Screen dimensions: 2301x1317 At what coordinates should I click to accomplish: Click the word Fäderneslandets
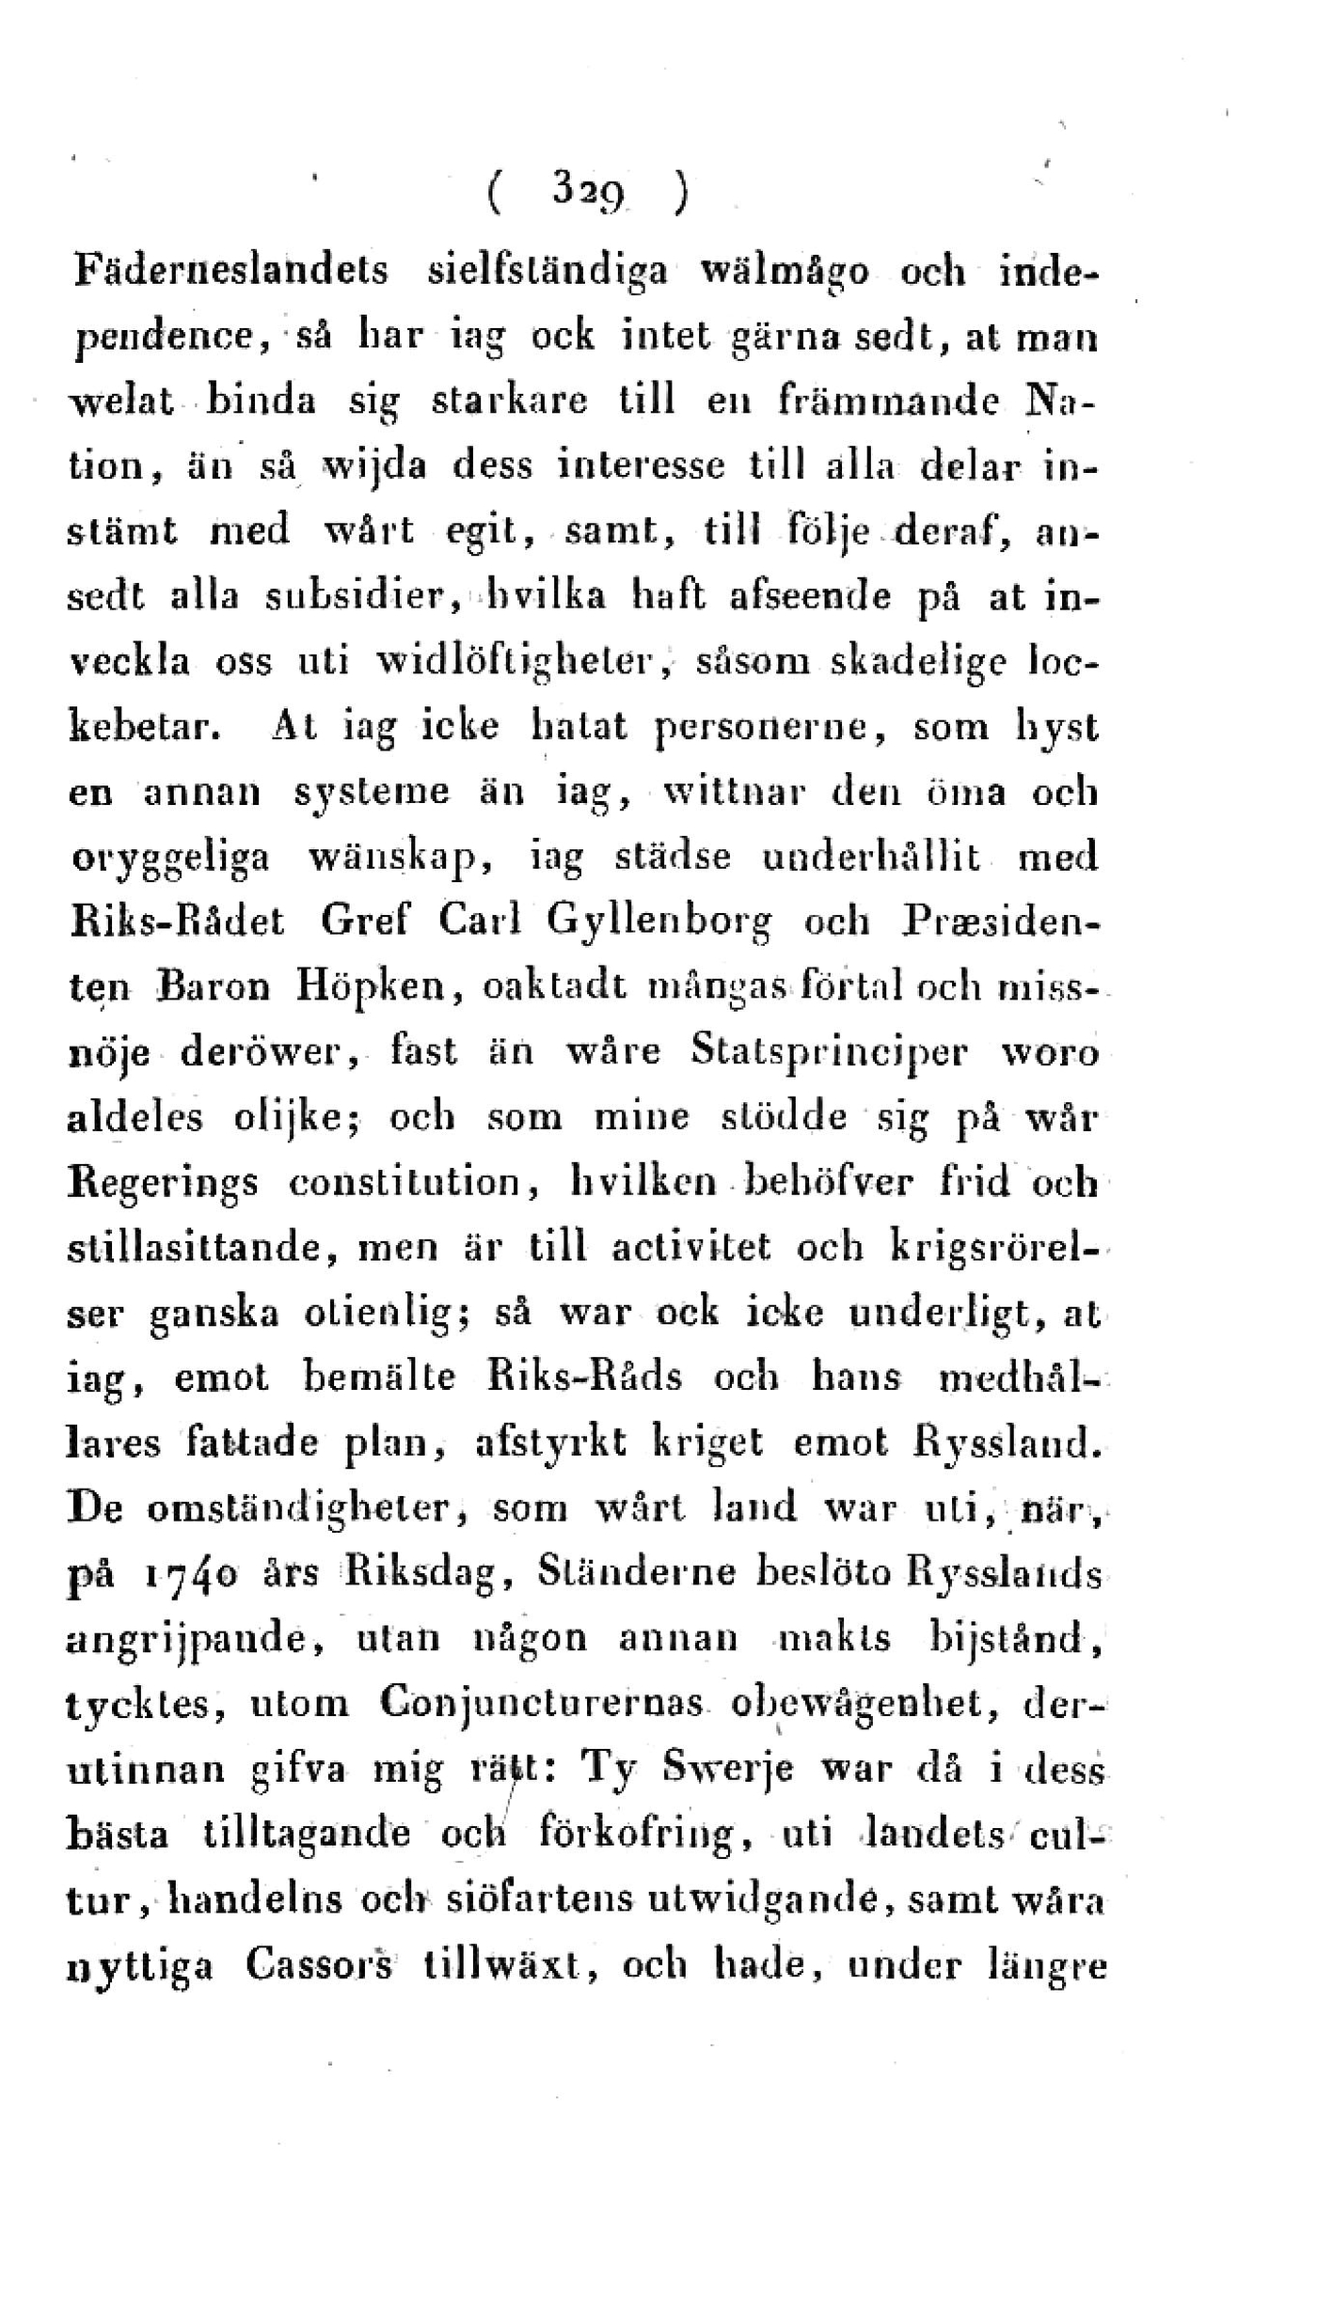point(230,273)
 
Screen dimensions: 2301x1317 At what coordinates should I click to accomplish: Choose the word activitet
point(691,1248)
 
